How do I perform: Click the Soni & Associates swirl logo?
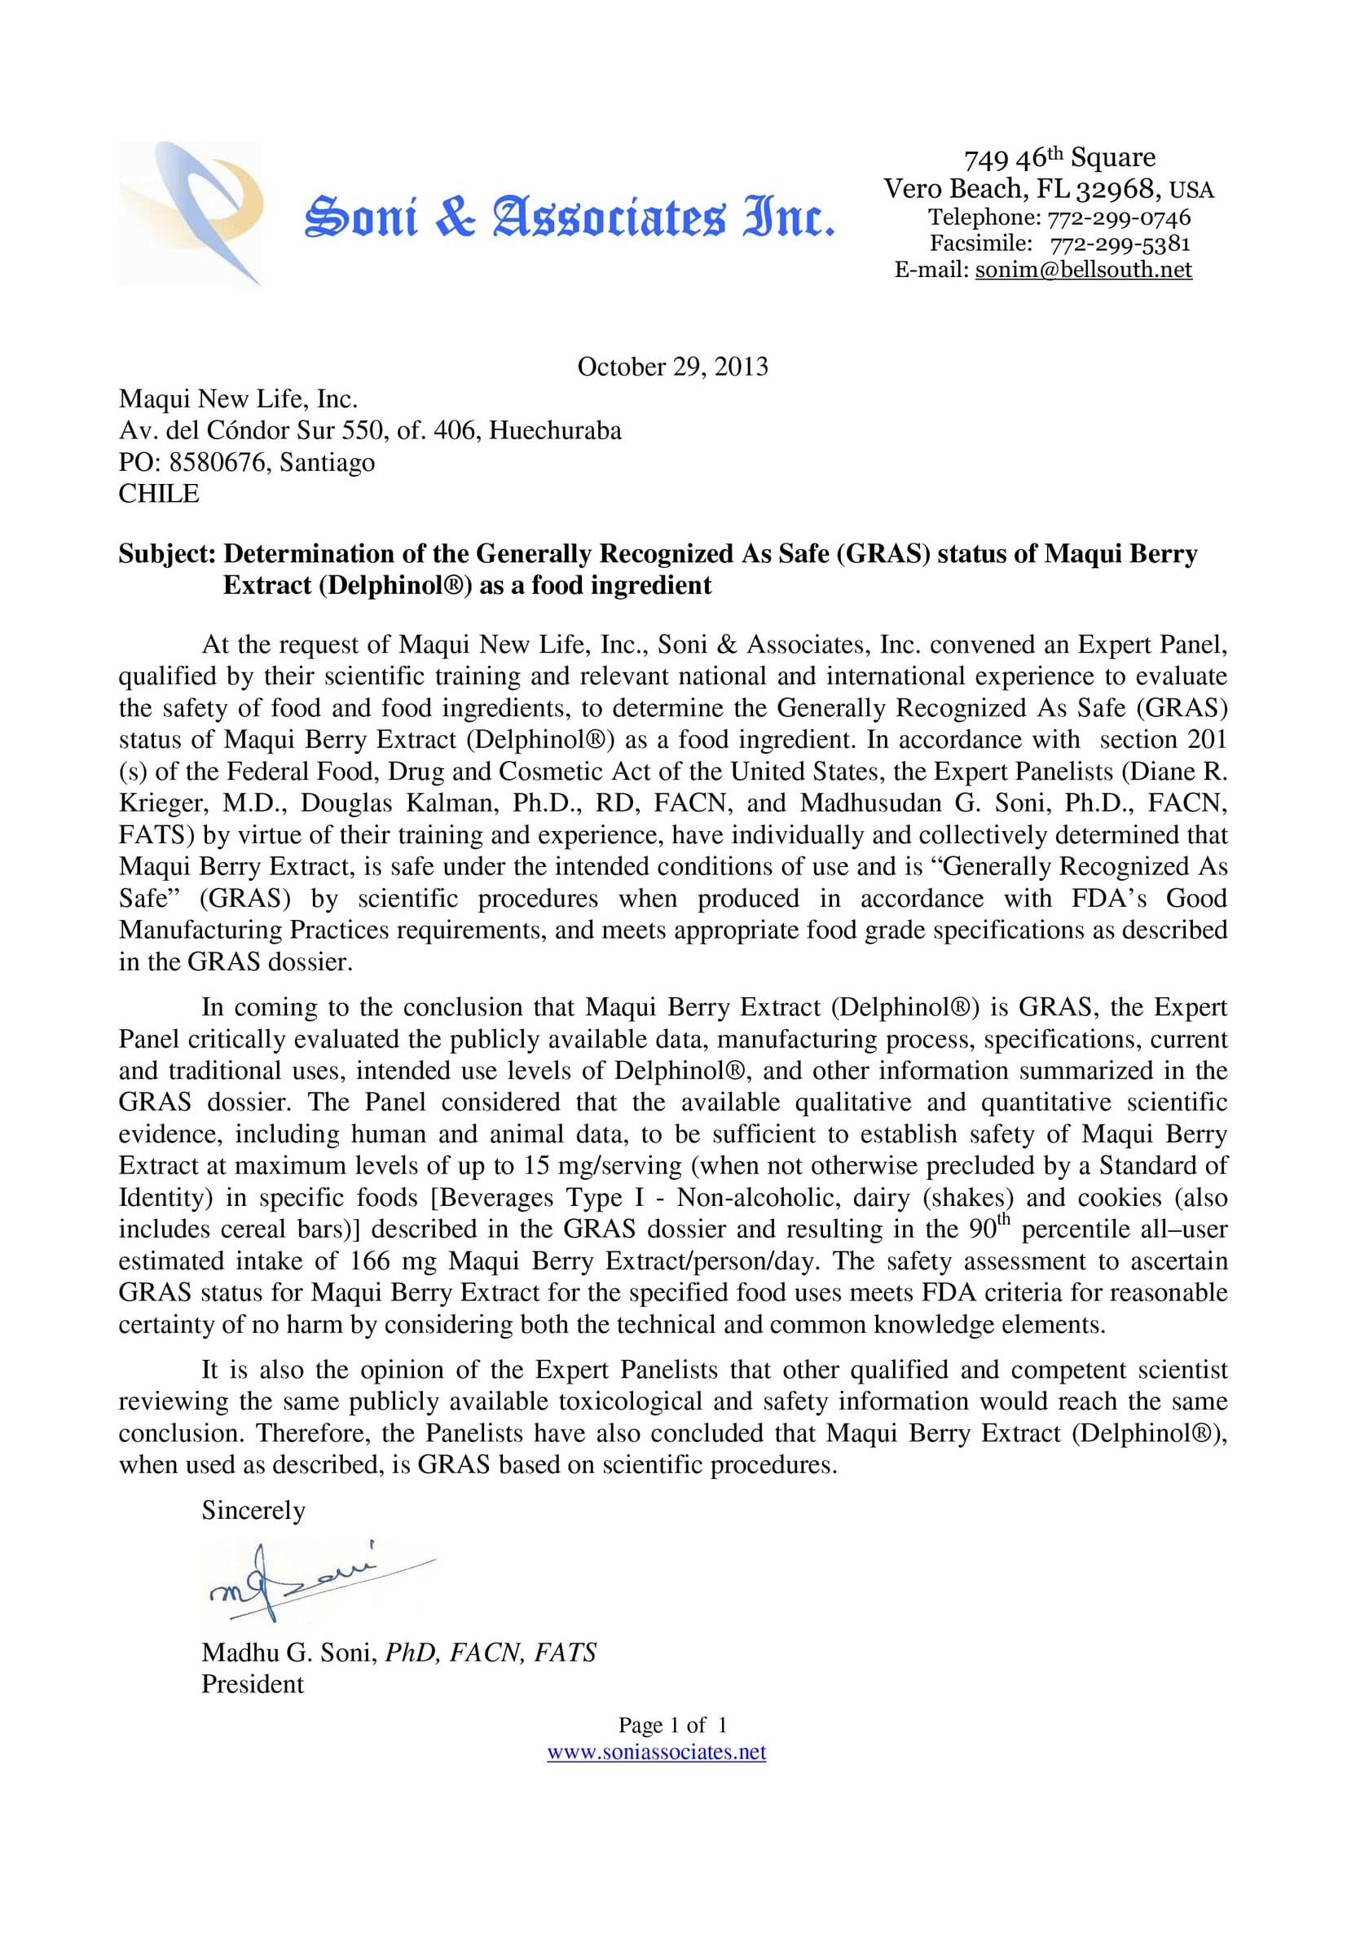[190, 214]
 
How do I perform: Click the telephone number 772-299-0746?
[1119, 218]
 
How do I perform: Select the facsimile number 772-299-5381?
[1120, 244]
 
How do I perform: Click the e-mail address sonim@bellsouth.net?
[1083, 269]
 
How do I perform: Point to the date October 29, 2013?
[672, 367]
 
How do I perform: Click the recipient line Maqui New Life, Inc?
[238, 398]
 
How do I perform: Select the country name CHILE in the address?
[159, 493]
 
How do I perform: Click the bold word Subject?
[167, 554]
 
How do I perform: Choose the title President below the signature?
[253, 1684]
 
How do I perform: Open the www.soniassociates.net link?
[656, 1752]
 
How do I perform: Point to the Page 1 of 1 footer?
[672, 1725]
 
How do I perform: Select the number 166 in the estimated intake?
[366, 1261]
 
